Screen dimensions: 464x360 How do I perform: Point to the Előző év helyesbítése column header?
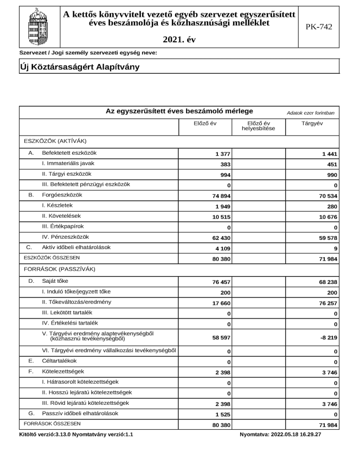[x=259, y=126]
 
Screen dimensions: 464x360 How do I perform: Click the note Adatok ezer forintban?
[x=311, y=112]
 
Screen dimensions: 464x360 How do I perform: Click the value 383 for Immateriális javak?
[x=225, y=164]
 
